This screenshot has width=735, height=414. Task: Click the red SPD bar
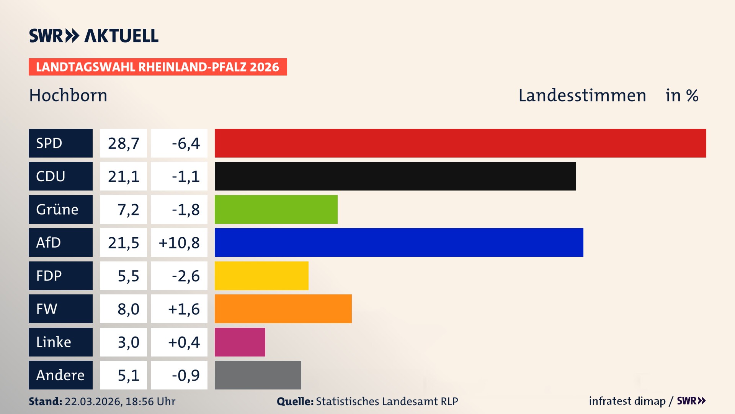pyautogui.click(x=460, y=143)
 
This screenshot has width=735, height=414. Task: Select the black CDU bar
pyautogui.click(x=395, y=176)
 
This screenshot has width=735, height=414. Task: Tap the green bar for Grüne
pyautogui.click(x=276, y=209)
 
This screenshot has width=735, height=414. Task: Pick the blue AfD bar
pyautogui.click(x=399, y=242)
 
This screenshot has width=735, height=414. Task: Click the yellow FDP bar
pyautogui.click(x=261, y=276)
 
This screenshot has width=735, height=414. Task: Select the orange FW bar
pyautogui.click(x=283, y=309)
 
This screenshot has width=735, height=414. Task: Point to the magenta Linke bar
pyautogui.click(x=240, y=342)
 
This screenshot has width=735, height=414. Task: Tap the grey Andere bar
pyautogui.click(x=258, y=375)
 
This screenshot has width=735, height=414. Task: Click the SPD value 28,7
pyautogui.click(x=123, y=143)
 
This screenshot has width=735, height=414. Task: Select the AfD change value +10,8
pyautogui.click(x=179, y=243)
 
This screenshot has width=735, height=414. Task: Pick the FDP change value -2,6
pyautogui.click(x=186, y=276)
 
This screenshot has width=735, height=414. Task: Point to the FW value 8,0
pyautogui.click(x=128, y=309)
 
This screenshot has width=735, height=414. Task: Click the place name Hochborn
pyautogui.click(x=68, y=95)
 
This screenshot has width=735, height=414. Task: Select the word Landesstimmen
pyautogui.click(x=582, y=95)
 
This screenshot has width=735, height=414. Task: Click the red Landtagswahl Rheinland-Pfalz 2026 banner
pyautogui.click(x=158, y=67)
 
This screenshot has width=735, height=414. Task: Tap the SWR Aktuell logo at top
pyautogui.click(x=94, y=36)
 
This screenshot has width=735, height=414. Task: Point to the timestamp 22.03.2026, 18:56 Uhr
pyautogui.click(x=120, y=401)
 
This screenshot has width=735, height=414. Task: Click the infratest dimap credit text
pyautogui.click(x=627, y=401)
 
